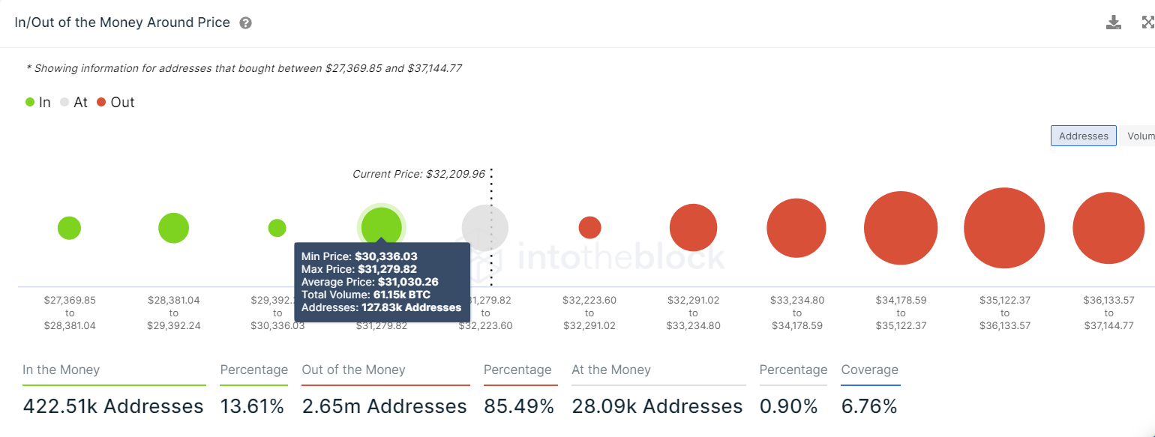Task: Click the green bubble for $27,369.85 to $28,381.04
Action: pos(69,228)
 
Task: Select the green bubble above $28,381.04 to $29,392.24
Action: pos(173,228)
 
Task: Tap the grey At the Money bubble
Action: pos(484,228)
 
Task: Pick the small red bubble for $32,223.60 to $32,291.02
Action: pos(589,227)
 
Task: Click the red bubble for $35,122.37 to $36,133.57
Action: pos(1004,228)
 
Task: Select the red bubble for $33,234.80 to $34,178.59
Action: pos(796,229)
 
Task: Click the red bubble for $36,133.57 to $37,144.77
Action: pos(1108,229)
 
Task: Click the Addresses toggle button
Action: pos(1083,136)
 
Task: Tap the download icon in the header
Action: pos(1114,22)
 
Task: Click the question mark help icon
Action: pos(245,23)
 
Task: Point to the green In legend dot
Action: pos(30,103)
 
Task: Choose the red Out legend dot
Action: pos(101,103)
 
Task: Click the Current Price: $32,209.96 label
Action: pos(418,174)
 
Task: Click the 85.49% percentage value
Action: pos(519,407)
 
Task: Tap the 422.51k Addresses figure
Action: pos(113,407)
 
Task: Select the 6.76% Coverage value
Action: pos(869,407)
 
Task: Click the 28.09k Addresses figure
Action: pos(657,407)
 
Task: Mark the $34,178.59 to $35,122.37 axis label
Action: pos(901,313)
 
